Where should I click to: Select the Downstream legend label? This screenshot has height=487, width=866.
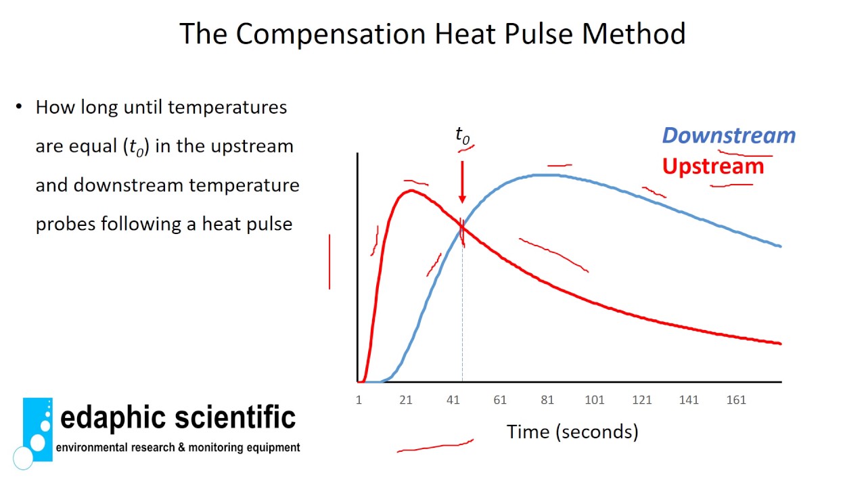click(x=729, y=135)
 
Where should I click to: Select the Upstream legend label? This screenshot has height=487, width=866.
click(x=713, y=166)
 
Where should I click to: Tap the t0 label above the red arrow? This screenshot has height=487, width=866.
click(x=462, y=135)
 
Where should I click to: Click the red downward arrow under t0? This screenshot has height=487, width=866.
click(x=462, y=181)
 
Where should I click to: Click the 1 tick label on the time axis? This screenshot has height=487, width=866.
click(x=359, y=400)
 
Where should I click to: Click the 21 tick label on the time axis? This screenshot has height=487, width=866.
click(x=405, y=400)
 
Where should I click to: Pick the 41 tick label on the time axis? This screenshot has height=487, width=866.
click(x=453, y=400)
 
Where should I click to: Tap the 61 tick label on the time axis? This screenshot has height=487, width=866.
click(x=500, y=400)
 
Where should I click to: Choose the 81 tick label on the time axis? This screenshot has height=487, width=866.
click(x=547, y=400)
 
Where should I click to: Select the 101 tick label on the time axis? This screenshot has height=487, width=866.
click(x=594, y=400)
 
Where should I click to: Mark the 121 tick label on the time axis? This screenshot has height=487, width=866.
click(x=641, y=400)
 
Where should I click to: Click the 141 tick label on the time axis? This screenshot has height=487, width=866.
click(x=689, y=400)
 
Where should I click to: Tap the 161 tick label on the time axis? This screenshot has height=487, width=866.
click(x=735, y=400)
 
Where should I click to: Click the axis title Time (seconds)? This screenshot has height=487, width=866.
click(x=572, y=432)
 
